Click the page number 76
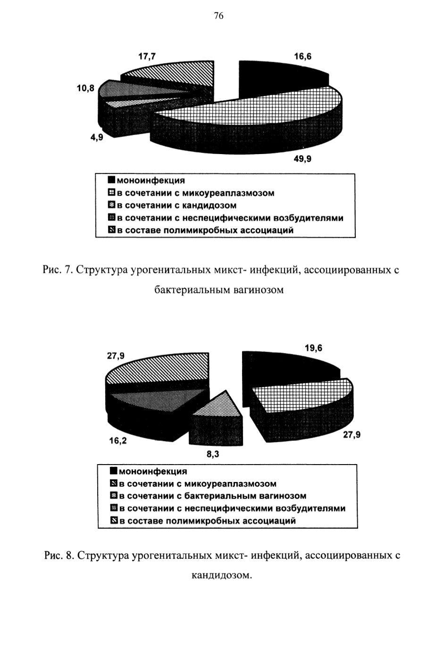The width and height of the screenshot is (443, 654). pos(219,16)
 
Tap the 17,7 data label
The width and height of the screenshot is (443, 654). pos(147,57)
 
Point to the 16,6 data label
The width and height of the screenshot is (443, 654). pos(302,57)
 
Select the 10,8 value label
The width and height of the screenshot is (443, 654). pos(86,88)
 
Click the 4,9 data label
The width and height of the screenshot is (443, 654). pos(97,137)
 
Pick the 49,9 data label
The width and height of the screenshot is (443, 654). pos(302,159)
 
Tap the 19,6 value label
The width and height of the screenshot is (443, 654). pos(313,348)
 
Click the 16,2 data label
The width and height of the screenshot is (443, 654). pos(118,441)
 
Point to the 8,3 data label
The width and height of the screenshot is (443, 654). pos(213,454)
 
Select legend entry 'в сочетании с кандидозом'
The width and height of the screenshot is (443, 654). pos(173,205)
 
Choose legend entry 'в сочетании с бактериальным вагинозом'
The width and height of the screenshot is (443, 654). pos(209,496)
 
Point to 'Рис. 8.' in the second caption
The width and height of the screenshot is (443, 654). pos(59,555)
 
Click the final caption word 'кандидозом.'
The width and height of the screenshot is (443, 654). pos(221,575)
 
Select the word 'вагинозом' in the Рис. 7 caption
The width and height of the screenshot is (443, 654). pos(259,290)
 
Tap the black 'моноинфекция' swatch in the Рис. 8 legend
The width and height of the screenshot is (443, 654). pos(114,471)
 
